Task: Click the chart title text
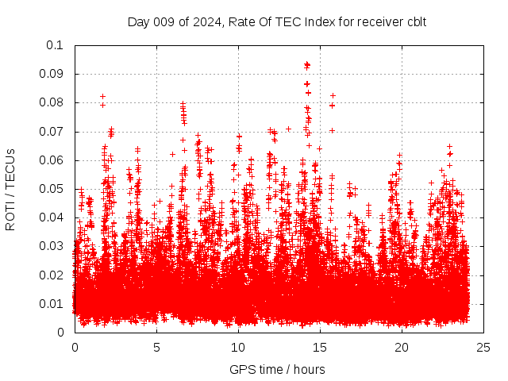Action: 277,21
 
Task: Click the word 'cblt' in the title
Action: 415,21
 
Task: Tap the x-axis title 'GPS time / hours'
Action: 277,369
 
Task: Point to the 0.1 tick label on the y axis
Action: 55,45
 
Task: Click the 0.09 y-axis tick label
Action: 52,74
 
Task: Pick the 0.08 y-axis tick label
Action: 52,102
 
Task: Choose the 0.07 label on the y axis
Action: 52,132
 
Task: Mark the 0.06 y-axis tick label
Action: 52,160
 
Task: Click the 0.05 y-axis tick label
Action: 52,189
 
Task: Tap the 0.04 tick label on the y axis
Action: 52,217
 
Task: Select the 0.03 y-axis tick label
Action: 52,246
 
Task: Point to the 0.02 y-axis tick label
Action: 52,275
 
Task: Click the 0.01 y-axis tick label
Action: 52,304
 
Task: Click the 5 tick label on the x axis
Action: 156,347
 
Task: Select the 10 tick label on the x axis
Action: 238,347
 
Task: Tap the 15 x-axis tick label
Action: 320,347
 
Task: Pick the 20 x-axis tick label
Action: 402,347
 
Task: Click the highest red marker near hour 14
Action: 307,64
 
